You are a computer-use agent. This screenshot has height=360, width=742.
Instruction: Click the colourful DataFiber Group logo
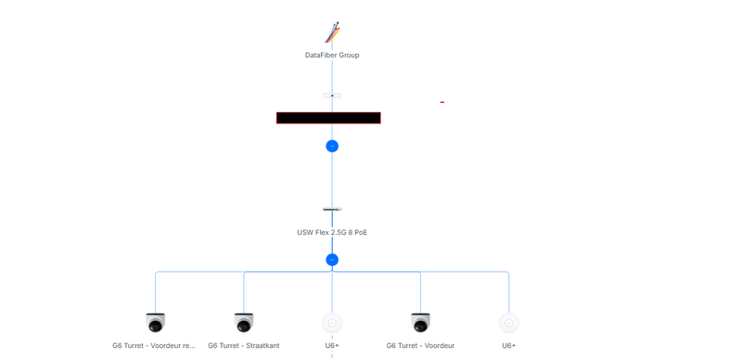pos(332,33)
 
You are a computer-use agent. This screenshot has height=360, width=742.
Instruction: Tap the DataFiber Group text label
pos(332,56)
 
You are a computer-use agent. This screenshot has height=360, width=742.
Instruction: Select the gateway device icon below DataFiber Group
pos(332,96)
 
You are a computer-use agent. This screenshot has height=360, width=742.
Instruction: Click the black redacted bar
pos(328,118)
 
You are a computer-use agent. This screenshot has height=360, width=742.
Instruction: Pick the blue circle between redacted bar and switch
pos(332,146)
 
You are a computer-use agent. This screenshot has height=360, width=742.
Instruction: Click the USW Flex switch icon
pos(332,210)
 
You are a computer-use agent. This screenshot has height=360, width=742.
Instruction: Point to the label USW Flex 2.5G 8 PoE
pos(332,232)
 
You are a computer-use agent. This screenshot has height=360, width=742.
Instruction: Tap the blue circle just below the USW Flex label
pos(332,260)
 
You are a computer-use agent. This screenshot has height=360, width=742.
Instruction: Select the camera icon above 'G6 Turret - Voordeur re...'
pos(156,322)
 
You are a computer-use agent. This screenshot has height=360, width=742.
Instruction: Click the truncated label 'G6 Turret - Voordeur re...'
pos(154,346)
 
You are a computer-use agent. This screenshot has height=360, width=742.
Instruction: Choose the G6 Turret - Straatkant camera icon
pos(244,322)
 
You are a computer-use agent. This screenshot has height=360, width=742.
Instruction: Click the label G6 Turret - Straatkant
pos(244,346)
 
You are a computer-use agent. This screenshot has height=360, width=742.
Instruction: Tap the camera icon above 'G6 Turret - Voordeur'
pos(420,322)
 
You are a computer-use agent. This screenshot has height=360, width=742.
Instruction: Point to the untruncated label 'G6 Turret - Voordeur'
pos(420,346)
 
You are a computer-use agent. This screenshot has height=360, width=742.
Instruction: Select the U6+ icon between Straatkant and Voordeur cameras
pos(332,323)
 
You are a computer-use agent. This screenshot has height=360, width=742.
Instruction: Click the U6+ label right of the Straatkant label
pos(332,346)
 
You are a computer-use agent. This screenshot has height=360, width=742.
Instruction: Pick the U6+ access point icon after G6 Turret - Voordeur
pos(508,323)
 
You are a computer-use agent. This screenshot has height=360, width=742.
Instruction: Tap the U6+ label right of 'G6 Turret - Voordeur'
pos(508,346)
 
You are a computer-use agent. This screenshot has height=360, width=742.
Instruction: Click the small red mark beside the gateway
pos(442,102)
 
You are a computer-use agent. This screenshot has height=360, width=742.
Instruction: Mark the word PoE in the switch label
pos(359,232)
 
